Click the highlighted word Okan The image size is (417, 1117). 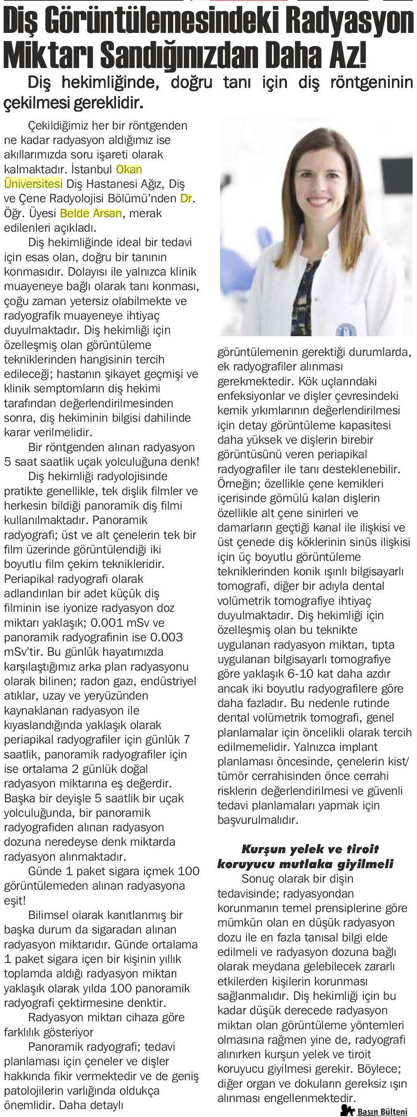click(129, 169)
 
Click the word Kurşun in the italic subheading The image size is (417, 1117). click(264, 849)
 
